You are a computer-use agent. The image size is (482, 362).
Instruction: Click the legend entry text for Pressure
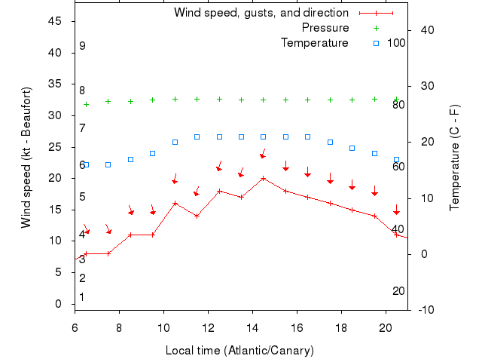[x=325, y=28]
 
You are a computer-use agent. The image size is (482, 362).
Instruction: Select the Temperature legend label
[x=314, y=43]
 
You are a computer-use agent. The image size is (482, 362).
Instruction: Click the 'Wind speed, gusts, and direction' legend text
[x=261, y=13]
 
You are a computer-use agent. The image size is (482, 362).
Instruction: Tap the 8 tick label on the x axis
[x=119, y=327]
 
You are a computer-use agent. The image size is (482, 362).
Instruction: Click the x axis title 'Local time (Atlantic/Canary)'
[x=239, y=351]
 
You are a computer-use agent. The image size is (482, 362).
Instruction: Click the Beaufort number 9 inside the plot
[x=82, y=46]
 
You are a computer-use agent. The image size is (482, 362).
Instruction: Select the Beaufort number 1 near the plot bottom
[x=82, y=297]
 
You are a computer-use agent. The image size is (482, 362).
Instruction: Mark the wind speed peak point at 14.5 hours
[x=264, y=178]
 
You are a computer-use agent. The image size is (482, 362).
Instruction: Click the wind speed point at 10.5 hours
[x=175, y=203]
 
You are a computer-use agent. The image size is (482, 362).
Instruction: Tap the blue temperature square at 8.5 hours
[x=130, y=159]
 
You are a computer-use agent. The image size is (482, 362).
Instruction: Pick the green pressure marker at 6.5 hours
[x=86, y=104]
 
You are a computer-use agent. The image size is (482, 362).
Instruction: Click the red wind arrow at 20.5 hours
[x=397, y=210]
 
